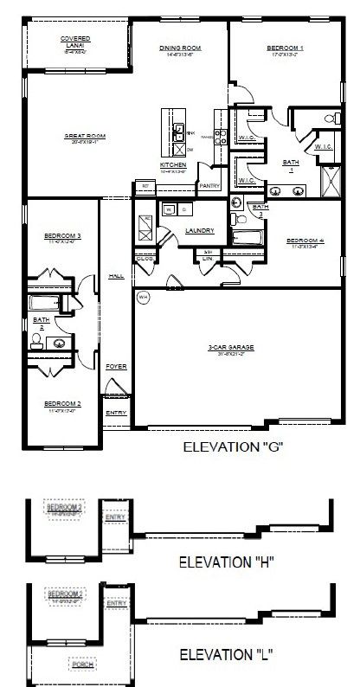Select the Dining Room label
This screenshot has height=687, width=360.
pyautogui.click(x=181, y=49)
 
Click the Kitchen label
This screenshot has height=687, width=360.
pyautogui.click(x=174, y=164)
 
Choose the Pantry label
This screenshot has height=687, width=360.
pyautogui.click(x=209, y=185)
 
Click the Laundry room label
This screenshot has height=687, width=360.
pyautogui.click(x=200, y=230)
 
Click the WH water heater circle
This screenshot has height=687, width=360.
pyautogui.click(x=143, y=297)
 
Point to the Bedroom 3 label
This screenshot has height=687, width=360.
pyautogui.click(x=62, y=235)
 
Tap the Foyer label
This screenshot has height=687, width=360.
pyautogui.click(x=116, y=366)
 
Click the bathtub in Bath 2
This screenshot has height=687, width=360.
pyautogui.click(x=43, y=303)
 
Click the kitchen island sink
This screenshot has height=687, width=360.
pyautogui.click(x=177, y=132)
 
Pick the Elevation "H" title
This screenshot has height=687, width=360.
pyautogui.click(x=227, y=562)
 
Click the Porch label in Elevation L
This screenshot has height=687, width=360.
pyautogui.click(x=83, y=665)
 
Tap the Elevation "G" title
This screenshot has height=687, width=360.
pyautogui.click(x=235, y=446)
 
